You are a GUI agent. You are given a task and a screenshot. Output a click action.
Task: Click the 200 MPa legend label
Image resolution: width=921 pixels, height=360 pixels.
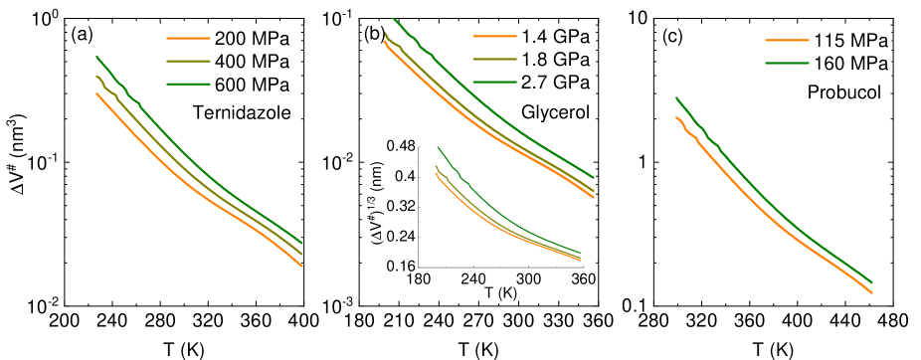pos(252,41)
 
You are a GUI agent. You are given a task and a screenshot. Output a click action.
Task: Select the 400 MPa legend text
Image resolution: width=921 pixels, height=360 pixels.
pos(252,63)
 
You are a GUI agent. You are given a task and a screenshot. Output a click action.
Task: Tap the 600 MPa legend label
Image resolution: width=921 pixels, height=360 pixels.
pos(252,85)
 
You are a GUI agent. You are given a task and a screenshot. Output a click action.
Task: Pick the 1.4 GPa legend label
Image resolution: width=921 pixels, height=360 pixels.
pos(556,36)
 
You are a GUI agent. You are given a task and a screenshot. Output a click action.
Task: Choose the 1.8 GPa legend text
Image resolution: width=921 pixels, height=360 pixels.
pos(556,58)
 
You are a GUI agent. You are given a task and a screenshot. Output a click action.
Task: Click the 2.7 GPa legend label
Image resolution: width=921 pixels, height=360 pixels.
pos(556,81)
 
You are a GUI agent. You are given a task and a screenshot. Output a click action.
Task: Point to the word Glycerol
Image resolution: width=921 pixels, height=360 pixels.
pos(556,108)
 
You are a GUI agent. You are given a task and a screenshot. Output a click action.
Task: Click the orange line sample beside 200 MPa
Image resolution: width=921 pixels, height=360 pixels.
pos(188,41)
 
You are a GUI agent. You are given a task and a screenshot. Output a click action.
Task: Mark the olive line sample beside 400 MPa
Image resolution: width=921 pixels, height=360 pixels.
pos(188,63)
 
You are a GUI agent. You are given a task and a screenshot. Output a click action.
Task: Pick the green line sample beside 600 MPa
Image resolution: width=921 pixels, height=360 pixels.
pos(188,85)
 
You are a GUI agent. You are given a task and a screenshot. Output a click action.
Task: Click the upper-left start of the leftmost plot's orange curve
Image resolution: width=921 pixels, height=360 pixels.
pos(96,93)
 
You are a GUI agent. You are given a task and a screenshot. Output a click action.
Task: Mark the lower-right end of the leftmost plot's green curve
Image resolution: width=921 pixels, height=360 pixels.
pos(301,243)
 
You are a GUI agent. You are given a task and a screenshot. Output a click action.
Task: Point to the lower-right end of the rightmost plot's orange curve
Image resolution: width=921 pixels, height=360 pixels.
pos(872,292)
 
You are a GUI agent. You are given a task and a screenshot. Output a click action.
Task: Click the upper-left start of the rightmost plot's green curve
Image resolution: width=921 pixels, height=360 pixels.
pos(677,97)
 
